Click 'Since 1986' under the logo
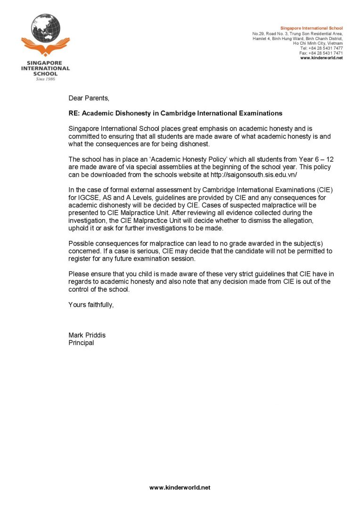pos(45,79)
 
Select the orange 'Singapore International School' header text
pos(311,29)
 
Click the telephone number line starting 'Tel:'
pos(321,48)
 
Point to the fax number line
pos(321,53)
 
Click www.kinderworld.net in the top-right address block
pos(321,58)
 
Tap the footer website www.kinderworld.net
pos(180,488)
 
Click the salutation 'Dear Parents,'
pos(89,98)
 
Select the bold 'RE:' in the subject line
pos(75,113)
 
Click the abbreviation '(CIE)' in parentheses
pos(325,190)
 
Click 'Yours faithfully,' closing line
pos(91,304)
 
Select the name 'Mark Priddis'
pos(87,335)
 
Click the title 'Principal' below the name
pos(81,343)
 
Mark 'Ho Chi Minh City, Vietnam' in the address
pos(318,43)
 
